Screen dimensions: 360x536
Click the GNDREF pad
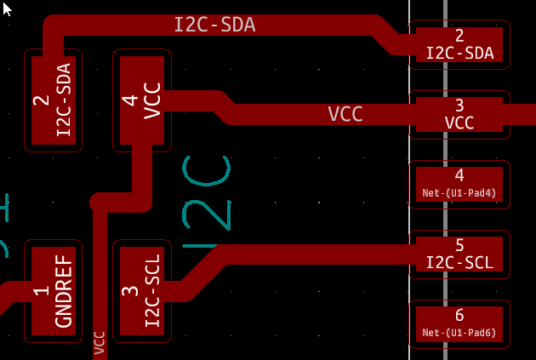(x=54, y=291)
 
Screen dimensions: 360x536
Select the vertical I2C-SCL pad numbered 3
(x=142, y=291)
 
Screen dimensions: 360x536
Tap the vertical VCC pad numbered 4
(x=142, y=100)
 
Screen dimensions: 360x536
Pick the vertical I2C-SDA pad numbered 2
(x=54, y=100)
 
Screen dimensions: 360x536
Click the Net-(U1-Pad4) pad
(x=459, y=183)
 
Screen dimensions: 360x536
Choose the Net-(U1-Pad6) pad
(x=459, y=323)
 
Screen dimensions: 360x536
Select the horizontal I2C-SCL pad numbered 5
(x=459, y=254)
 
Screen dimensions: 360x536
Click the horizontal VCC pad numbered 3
(x=459, y=114)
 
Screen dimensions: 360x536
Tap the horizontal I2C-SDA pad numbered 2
(x=459, y=44)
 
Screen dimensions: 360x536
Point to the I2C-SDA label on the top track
(x=214, y=25)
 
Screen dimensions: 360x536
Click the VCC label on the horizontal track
(x=345, y=114)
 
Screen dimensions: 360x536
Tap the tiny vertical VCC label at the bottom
(x=100, y=342)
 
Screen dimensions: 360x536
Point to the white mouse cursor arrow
(x=8, y=10)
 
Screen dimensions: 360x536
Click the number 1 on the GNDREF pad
(x=39, y=291)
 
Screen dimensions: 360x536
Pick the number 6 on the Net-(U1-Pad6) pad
(x=459, y=315)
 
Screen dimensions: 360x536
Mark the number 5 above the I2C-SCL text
(x=459, y=245)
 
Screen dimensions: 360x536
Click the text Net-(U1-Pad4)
(x=459, y=193)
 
